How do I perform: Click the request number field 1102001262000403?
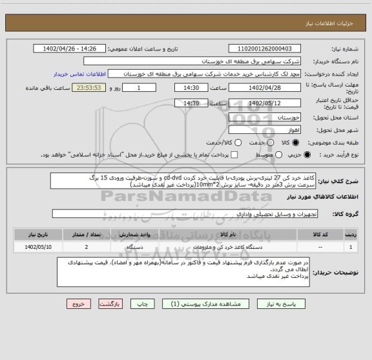coord(269,48)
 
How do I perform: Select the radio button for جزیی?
coord(306,155)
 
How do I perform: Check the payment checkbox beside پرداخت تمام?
coord(234,155)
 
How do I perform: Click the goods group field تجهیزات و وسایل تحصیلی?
coord(194,213)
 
